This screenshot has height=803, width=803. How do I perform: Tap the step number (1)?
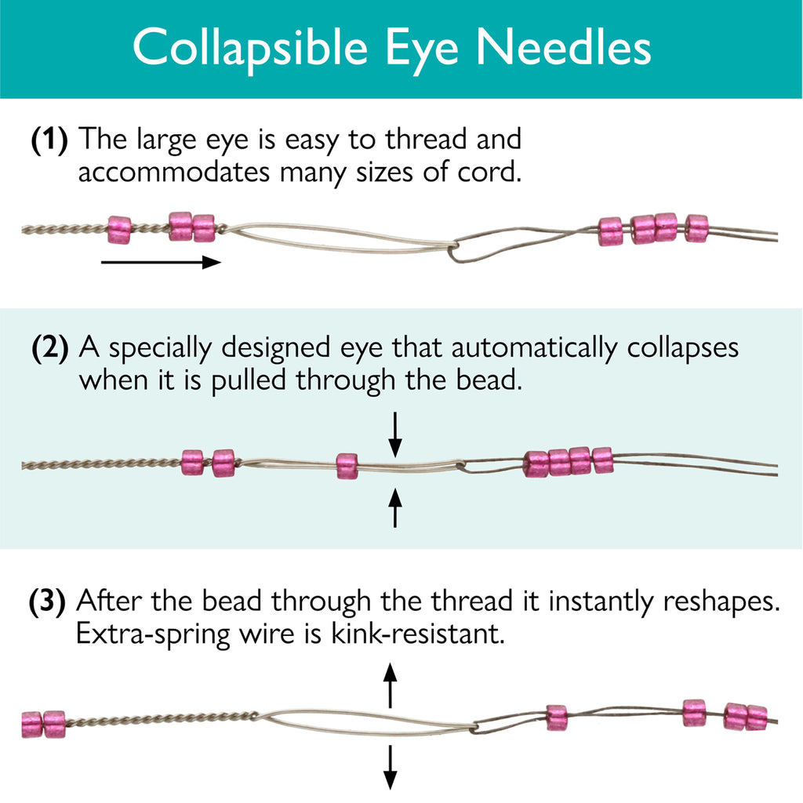coord(49,141)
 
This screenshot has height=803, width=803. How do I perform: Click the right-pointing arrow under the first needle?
coord(162,262)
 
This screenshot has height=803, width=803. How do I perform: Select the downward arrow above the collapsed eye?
coord(395,434)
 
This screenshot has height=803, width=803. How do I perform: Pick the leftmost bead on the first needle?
coord(119,230)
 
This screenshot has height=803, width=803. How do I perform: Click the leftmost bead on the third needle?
coord(31,724)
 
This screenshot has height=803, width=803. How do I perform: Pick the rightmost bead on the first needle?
coord(696,228)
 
